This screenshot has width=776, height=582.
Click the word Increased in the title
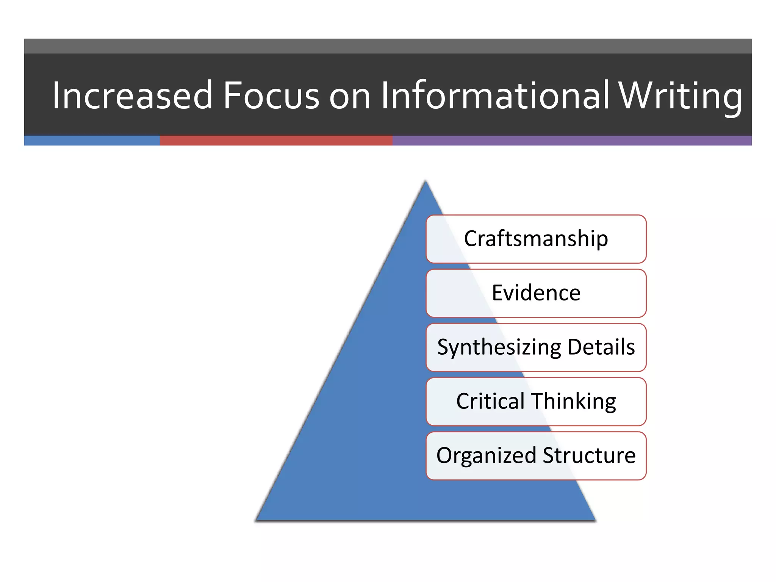coord(132,95)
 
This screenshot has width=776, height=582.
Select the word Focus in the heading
coord(271,95)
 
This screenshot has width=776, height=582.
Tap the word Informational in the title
coord(495,95)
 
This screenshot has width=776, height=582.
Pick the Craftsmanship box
coord(536,239)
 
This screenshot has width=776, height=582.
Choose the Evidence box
coord(536,293)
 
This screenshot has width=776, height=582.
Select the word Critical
coord(490,401)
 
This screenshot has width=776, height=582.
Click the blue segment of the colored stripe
coord(92,141)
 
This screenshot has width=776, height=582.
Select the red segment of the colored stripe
coord(276,141)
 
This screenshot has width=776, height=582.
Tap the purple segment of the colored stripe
coord(572,141)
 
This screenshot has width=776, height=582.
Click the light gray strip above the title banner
coord(388,46)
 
